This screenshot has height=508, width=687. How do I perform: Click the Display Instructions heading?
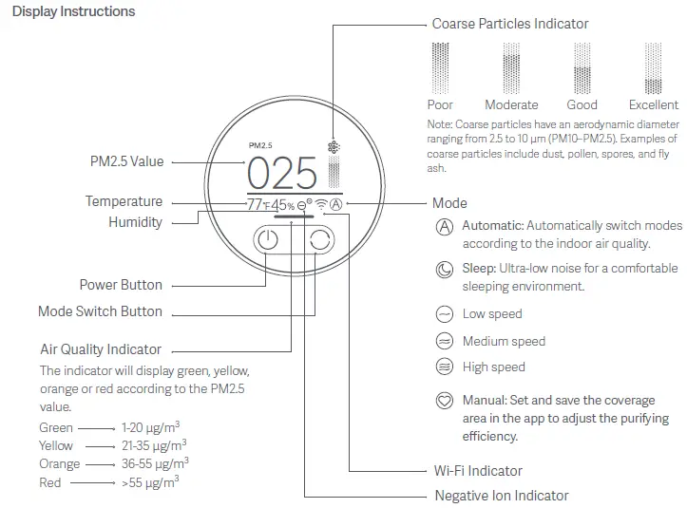tap(73, 12)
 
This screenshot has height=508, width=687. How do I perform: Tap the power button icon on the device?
tap(268, 240)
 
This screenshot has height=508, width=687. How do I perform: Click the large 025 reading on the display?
tap(282, 175)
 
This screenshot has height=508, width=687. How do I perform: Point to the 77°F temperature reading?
tap(258, 205)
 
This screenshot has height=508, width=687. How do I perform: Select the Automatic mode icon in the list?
tap(444, 227)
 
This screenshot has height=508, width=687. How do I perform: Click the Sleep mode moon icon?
tap(444, 270)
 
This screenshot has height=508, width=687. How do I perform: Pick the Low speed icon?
tap(444, 314)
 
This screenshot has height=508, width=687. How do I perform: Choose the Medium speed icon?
tap(444, 341)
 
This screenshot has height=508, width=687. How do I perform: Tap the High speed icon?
tap(444, 367)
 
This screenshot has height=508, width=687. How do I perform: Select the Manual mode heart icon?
tap(444, 401)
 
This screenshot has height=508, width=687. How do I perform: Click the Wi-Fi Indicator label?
tap(478, 471)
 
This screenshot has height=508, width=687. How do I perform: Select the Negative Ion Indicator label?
tap(501, 496)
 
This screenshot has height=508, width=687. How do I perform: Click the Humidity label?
tap(135, 222)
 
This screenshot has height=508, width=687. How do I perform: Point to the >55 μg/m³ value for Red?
tap(150, 482)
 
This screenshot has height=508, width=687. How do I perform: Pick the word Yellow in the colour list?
tap(56, 445)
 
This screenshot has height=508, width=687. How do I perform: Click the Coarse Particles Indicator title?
tap(510, 24)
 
